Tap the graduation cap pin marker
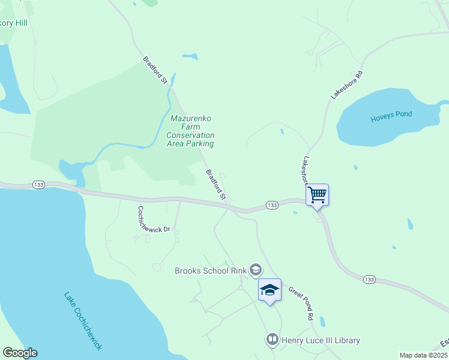click(x=270, y=290)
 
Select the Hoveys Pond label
click(x=391, y=115)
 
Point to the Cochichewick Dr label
click(x=154, y=220)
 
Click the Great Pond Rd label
click(x=301, y=302)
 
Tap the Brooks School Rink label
click(x=211, y=271)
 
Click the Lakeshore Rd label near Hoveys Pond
click(x=348, y=85)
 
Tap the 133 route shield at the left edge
click(x=39, y=184)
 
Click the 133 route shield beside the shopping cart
click(x=272, y=205)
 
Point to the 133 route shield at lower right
click(x=369, y=280)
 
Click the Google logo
click(x=20, y=353)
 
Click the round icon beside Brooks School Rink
click(x=256, y=270)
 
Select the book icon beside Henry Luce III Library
click(x=273, y=340)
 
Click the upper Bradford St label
click(x=154, y=70)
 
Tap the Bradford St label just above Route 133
click(x=215, y=184)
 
